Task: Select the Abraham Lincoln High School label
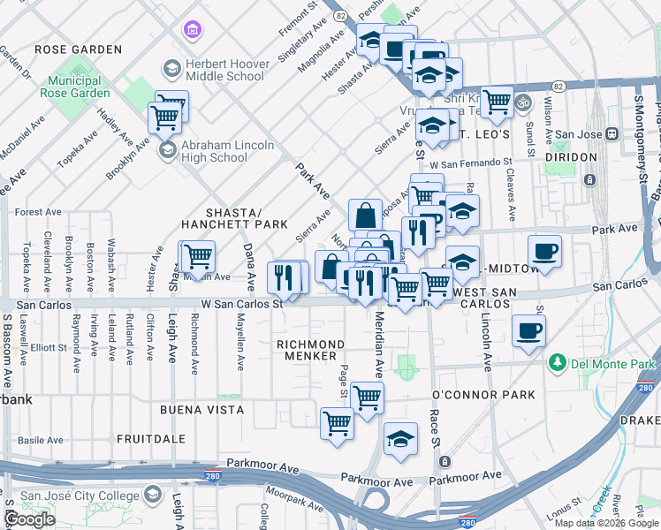227,151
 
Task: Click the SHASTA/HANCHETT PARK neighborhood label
234,218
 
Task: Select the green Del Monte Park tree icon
558,363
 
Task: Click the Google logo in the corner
30,519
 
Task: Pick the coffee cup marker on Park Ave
544,251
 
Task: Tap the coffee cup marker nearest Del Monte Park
528,331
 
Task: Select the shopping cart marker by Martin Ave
198,256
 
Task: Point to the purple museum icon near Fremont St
191,32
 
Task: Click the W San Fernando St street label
471,164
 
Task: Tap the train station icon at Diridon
590,180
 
